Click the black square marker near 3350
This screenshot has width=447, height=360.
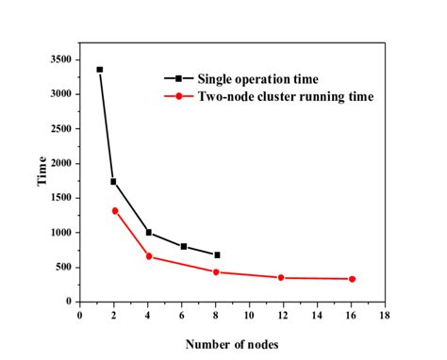(x=100, y=70)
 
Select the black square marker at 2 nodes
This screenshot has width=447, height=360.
(x=113, y=182)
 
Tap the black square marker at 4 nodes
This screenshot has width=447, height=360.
(x=149, y=232)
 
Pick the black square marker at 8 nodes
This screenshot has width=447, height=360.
(x=217, y=255)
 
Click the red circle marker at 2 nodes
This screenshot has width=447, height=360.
(x=115, y=210)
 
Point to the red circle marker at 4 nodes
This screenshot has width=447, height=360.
(x=149, y=256)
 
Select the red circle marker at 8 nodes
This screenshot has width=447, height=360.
(x=217, y=272)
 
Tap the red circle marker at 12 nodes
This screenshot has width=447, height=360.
(x=281, y=278)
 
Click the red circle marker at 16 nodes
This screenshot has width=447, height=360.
(x=352, y=279)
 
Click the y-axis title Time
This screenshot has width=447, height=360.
(x=42, y=177)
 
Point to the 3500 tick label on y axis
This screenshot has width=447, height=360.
(x=59, y=59)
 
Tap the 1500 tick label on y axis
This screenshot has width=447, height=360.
(x=59, y=198)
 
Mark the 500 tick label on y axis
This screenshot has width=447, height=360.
(x=62, y=267)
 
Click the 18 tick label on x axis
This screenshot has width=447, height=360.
(x=385, y=315)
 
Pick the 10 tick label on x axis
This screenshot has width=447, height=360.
(x=249, y=315)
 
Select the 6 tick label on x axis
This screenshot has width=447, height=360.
(x=182, y=315)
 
